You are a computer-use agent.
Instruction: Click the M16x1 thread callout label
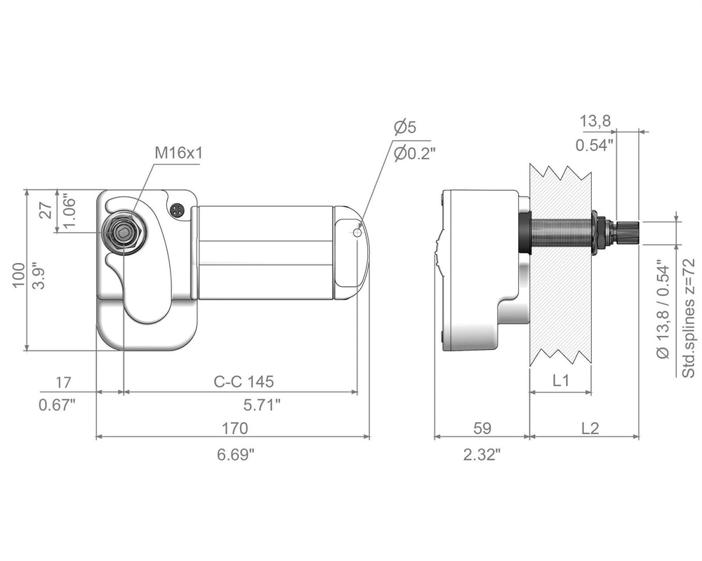[x=178, y=153]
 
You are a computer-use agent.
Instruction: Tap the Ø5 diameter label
[x=405, y=127]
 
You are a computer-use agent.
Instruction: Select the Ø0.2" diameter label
[x=415, y=154]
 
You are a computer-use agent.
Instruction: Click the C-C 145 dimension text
[x=244, y=381]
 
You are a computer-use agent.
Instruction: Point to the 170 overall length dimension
[x=235, y=428]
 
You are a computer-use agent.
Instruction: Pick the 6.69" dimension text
[x=235, y=455]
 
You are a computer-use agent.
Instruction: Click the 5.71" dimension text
[x=262, y=405]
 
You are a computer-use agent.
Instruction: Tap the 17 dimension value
[x=64, y=382]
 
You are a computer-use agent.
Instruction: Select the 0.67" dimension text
[x=57, y=405]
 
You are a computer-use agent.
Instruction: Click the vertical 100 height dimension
[x=18, y=275]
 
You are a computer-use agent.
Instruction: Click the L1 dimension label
[x=560, y=380]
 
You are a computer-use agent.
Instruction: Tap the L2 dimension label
[x=590, y=428]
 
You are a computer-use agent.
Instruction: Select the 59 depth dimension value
[x=482, y=428]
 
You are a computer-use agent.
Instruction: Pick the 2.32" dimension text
[x=482, y=455]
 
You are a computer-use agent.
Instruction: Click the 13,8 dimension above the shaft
[x=595, y=121]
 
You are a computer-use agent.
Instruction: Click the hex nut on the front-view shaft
[x=122, y=231]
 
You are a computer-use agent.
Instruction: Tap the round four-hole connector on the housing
[x=178, y=210]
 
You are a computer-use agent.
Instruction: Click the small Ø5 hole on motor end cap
[x=357, y=232]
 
